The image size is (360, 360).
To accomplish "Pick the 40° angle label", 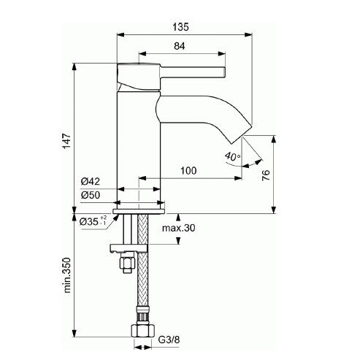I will [231, 156].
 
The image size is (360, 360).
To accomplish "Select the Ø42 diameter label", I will [91, 181].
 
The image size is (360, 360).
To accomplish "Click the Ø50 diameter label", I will [91, 194].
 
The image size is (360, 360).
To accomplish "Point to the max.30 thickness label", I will [180, 229].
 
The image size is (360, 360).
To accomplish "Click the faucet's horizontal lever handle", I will [183, 72].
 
